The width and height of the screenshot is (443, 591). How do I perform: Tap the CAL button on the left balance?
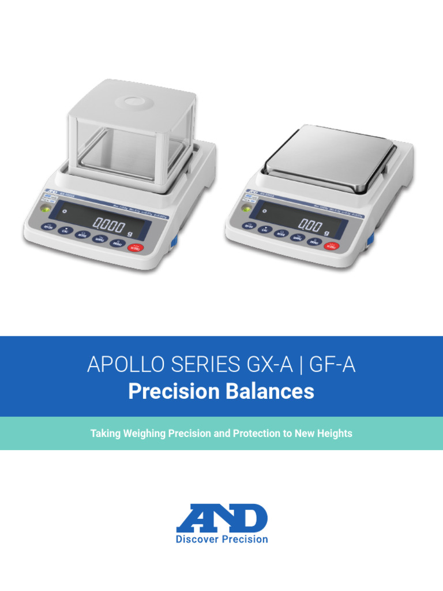click(66, 230)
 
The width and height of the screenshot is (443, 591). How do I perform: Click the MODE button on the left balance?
click(82, 234)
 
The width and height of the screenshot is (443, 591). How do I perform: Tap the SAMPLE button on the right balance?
click(297, 237)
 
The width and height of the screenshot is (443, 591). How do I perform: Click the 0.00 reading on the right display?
click(310, 225)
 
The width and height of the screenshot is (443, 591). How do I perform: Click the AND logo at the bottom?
click(221, 518)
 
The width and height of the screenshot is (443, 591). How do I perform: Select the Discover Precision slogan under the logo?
click(221, 539)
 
